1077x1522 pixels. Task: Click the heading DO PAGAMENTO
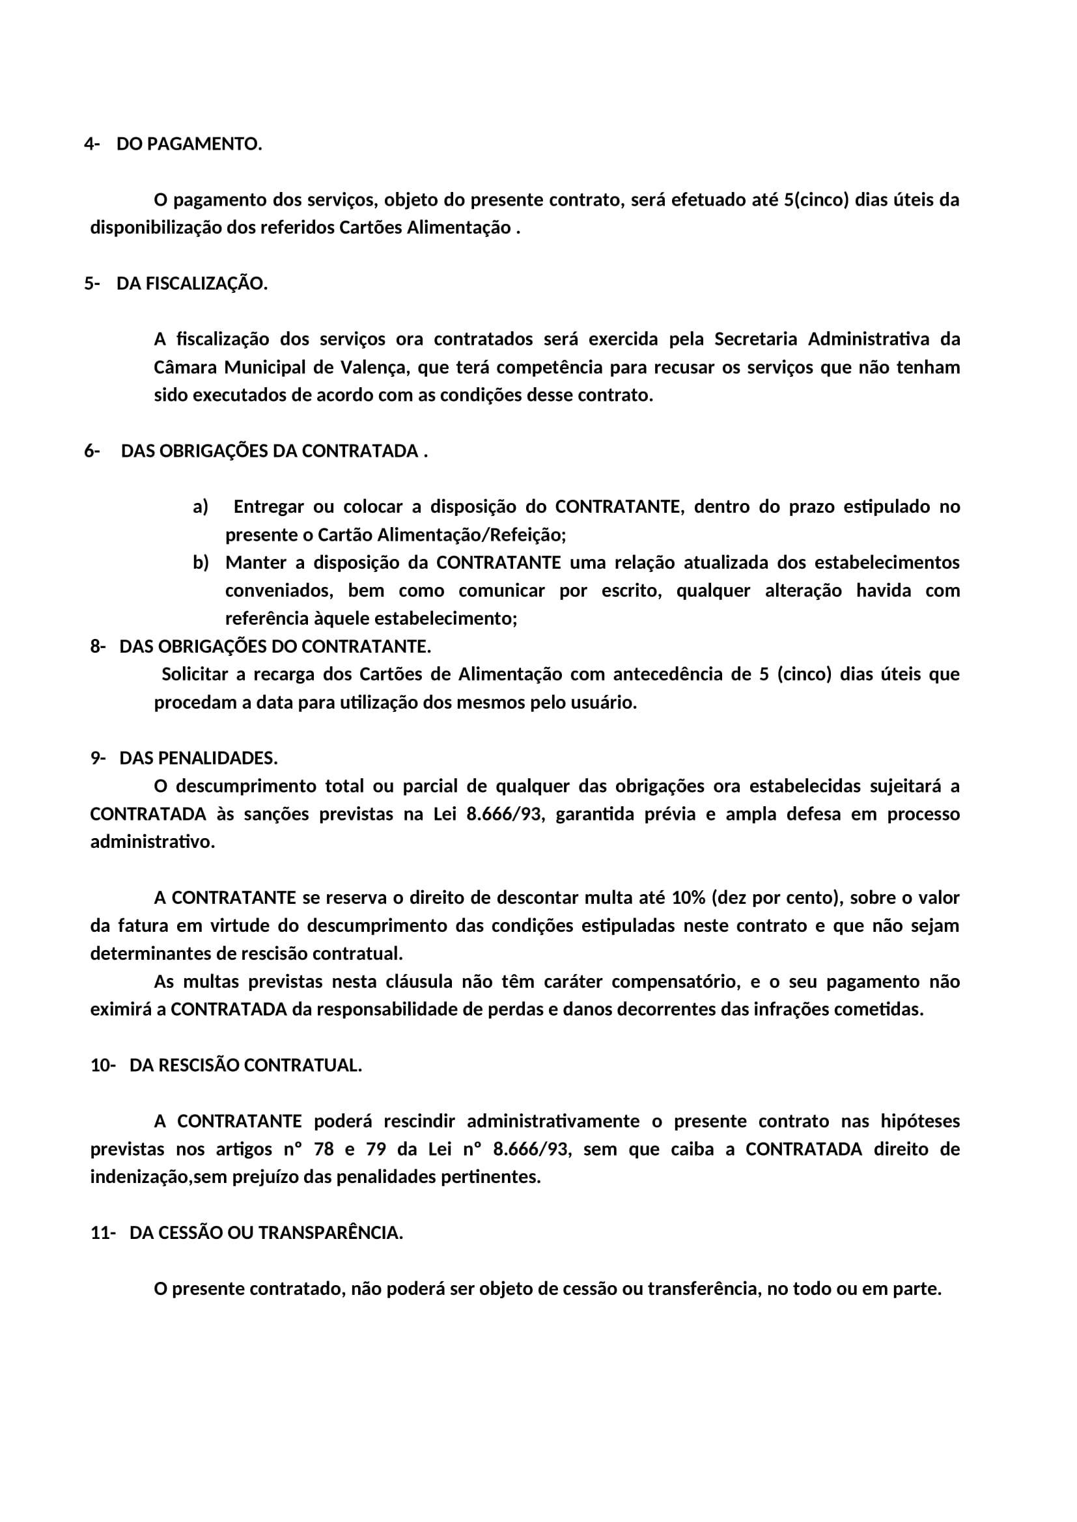point(189,144)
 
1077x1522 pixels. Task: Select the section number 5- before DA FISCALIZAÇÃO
point(92,284)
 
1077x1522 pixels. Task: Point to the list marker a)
point(201,507)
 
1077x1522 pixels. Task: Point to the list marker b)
point(201,563)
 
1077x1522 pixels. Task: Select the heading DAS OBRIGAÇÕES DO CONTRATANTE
point(275,646)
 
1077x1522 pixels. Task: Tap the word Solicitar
point(195,674)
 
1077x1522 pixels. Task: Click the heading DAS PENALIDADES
point(199,757)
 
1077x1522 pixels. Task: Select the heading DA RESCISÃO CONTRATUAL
point(245,1065)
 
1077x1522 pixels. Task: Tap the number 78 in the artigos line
point(324,1148)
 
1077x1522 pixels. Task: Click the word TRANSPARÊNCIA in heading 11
point(330,1233)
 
